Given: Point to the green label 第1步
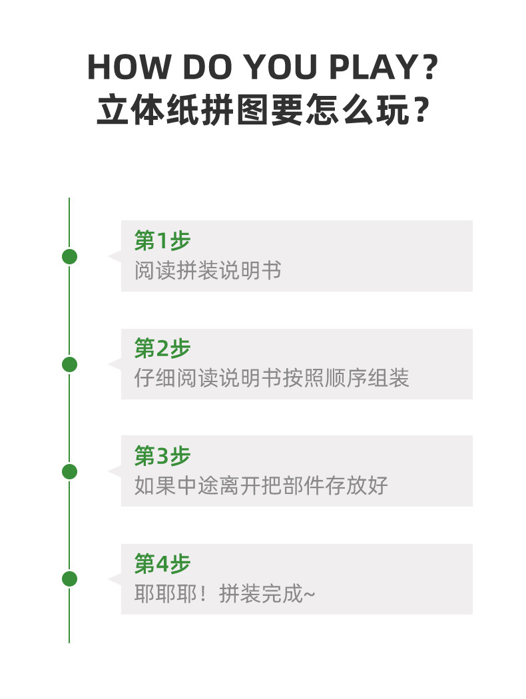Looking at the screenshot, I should pos(162,240).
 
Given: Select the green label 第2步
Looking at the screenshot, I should pos(162,348).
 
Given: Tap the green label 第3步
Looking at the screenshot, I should pos(162,456).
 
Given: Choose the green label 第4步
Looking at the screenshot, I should pos(162,564).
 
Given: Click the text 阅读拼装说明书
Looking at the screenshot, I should pos(208,271).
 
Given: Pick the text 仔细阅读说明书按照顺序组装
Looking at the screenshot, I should pos(272,378).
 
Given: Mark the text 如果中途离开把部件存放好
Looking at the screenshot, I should pos(261,485).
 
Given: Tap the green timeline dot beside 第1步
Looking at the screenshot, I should pos(69,256).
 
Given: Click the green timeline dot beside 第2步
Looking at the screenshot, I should pos(69,364).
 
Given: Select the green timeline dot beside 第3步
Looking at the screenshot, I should pos(69,471).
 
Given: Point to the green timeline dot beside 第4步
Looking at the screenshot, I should pos(69,579).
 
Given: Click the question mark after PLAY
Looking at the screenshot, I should pos(431,68).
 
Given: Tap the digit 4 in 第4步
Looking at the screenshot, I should pos(163,565).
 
